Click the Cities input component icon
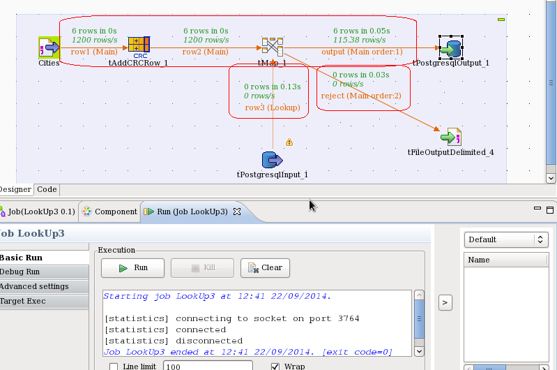click(49, 48)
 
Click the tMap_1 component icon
click(272, 47)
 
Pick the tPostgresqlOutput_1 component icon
click(450, 48)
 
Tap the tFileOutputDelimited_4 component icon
click(450, 137)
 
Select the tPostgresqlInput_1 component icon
click(272, 161)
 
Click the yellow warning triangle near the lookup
click(289, 142)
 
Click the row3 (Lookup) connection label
click(272, 108)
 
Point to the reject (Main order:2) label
click(361, 96)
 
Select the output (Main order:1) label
click(362, 52)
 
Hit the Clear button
click(265, 267)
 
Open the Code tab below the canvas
click(47, 189)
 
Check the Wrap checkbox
click(275, 367)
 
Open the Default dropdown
click(506, 239)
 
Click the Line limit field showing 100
click(207, 366)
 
